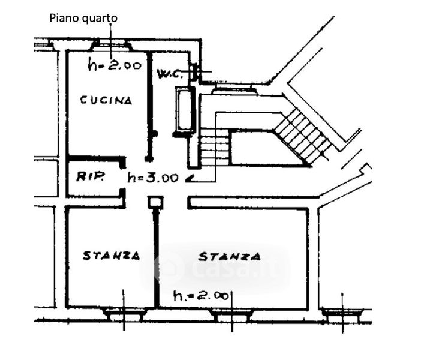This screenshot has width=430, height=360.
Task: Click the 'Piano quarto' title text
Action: [83, 19]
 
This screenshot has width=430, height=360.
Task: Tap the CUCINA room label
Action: [106, 100]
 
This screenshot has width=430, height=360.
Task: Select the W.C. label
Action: [170, 73]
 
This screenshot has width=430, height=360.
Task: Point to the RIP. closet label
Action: [90, 176]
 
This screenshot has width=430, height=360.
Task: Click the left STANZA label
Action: [112, 256]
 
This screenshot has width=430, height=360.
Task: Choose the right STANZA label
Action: [229, 257]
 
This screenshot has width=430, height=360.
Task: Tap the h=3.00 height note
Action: [153, 178]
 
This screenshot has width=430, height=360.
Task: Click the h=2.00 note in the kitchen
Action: [115, 65]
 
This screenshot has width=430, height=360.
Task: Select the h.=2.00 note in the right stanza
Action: [202, 296]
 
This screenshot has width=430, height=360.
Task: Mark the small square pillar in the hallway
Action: [155, 203]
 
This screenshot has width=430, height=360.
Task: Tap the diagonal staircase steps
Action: [302, 135]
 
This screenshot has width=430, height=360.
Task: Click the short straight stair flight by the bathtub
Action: [215, 148]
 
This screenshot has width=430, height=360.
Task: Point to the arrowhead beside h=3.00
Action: [190, 179]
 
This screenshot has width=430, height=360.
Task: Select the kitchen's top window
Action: [112, 45]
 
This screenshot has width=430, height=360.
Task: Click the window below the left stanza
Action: [125, 314]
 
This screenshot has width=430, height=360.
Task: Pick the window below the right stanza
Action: [232, 314]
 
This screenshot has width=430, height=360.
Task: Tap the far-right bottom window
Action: [343, 314]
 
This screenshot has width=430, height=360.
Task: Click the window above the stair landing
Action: [234, 89]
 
